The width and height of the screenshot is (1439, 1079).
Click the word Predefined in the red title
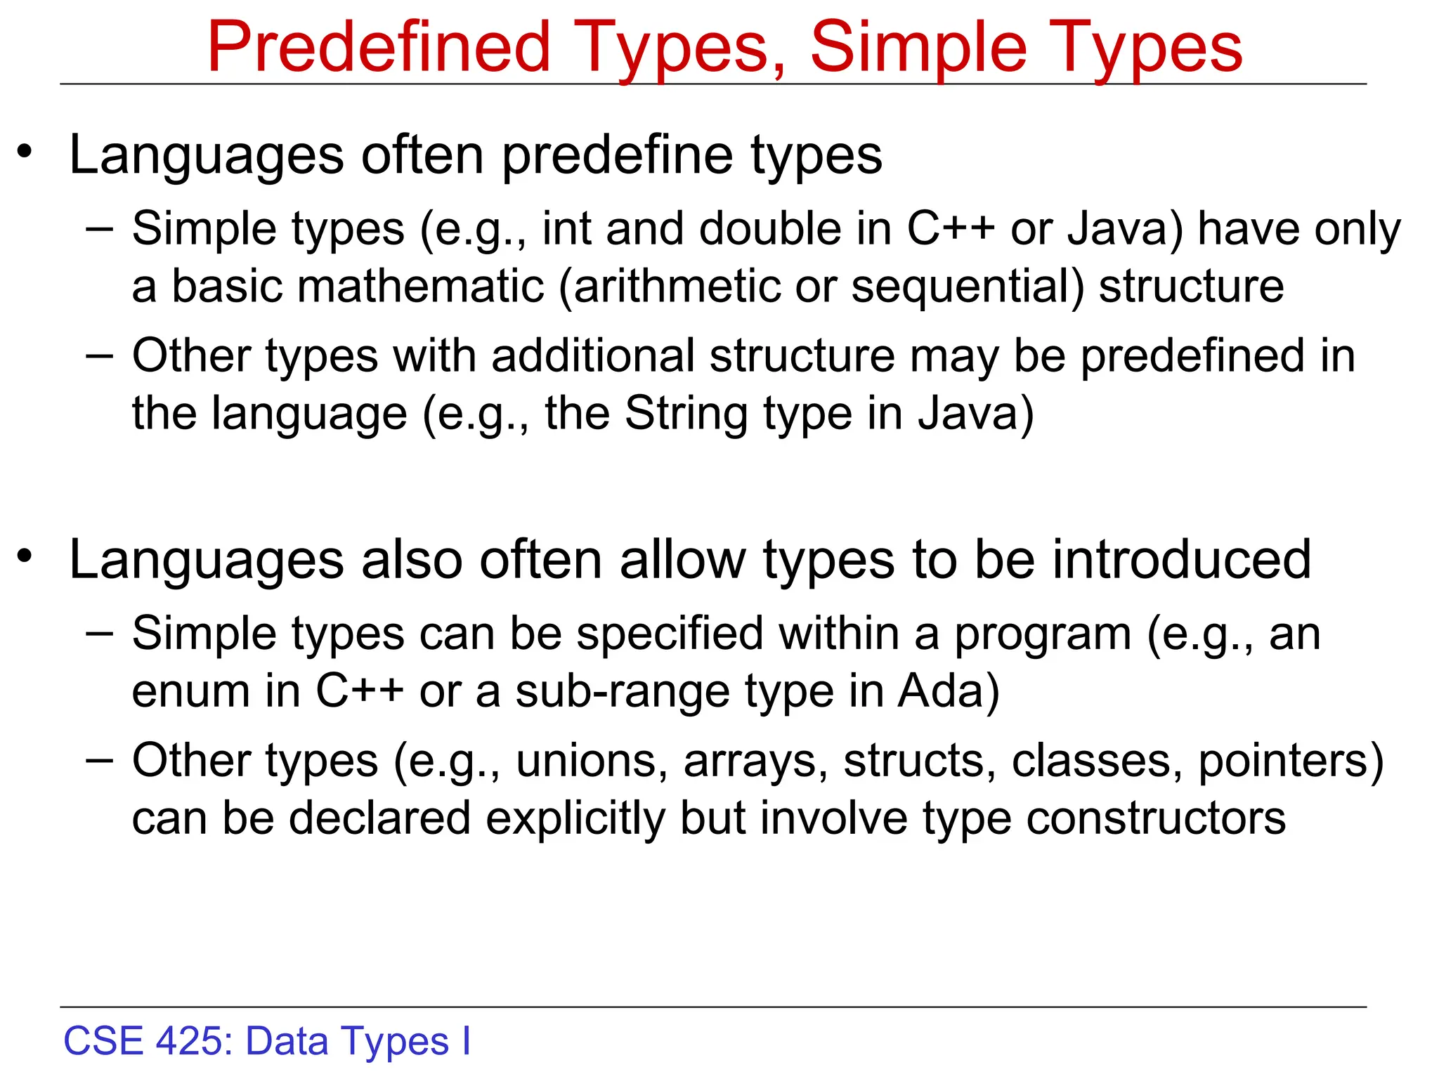pos(379,48)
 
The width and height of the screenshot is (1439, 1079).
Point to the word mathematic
pos(421,287)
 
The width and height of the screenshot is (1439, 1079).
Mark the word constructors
pos(1156,819)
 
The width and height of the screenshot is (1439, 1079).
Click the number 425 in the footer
pos(188,1041)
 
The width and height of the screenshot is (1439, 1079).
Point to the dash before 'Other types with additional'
pos(99,355)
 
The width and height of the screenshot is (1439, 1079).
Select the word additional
pos(593,355)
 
